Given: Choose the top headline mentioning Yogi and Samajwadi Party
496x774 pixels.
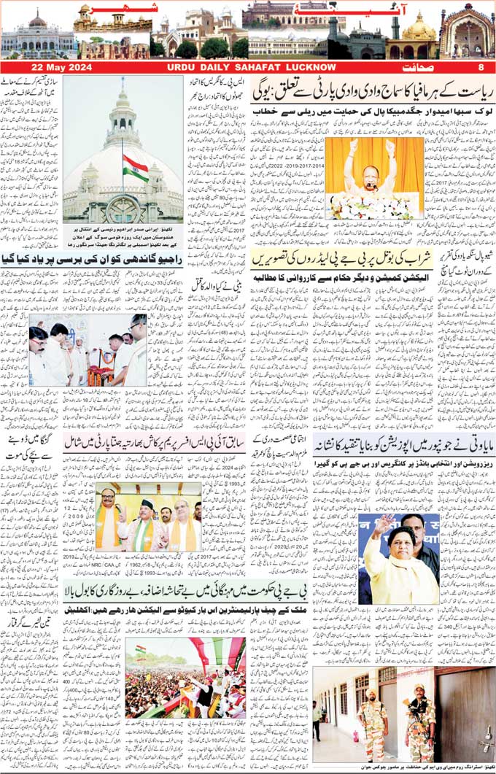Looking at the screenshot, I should click(371, 91).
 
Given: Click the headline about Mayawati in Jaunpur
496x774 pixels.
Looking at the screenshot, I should click(403, 444).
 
